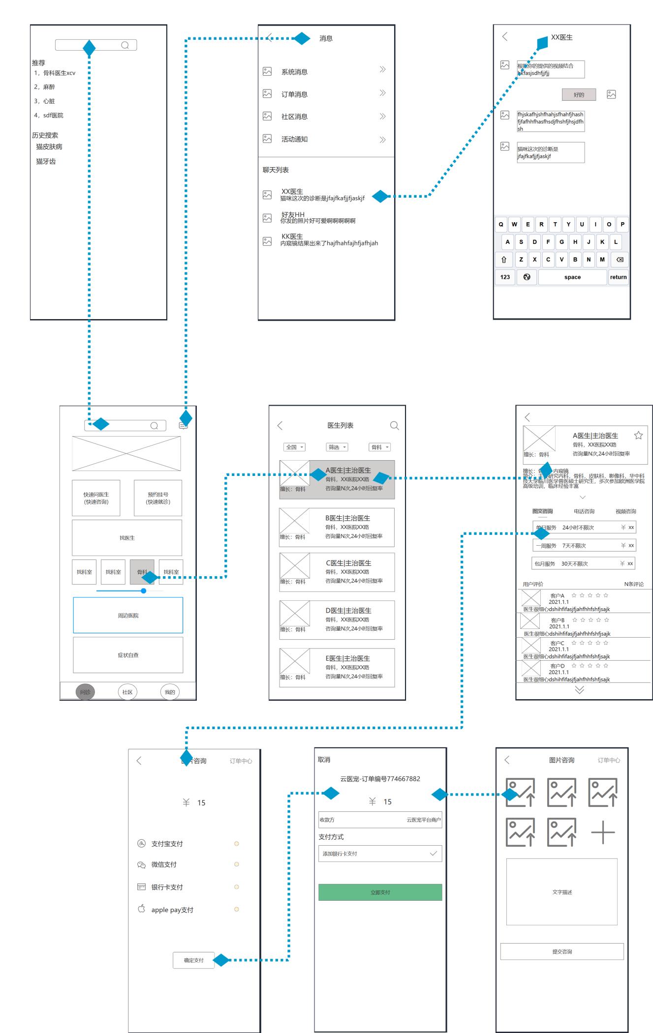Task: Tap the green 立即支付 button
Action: pos(380,892)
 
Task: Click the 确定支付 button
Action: pos(193,960)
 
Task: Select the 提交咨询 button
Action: pos(562,951)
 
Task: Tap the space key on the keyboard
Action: pos(572,277)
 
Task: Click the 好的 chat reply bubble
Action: pos(579,95)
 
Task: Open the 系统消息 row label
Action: pos(294,72)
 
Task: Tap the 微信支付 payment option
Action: pos(164,864)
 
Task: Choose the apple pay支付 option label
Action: pos(172,910)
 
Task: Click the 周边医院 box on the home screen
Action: pos(128,615)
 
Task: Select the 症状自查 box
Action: pos(128,655)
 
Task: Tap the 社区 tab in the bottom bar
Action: pos(127,692)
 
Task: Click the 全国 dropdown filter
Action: pos(294,447)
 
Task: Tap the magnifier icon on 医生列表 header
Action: pos(394,425)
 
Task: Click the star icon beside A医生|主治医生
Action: pos(638,435)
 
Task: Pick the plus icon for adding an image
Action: pos(603,832)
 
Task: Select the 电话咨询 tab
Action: pos(584,511)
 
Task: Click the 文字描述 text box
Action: pos(561,892)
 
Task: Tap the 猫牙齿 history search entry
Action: pos(46,161)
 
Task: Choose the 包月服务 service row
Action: pos(584,563)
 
